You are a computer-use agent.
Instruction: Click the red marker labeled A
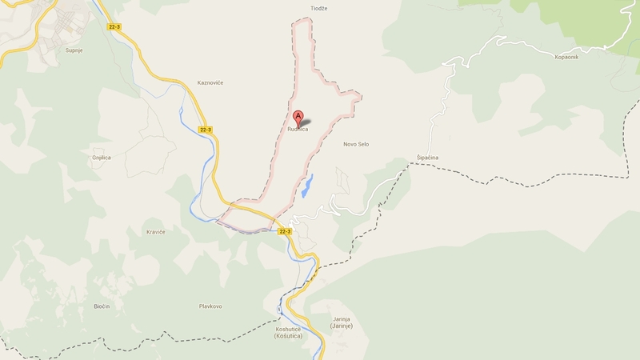coord(298,117)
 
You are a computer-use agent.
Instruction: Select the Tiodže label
coord(320,9)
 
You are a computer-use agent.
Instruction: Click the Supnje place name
coord(75,50)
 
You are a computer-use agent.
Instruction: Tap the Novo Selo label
coord(356,144)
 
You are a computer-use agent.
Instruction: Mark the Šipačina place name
coord(427,158)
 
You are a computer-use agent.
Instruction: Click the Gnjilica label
coord(102,158)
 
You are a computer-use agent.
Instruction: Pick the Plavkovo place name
coord(210,306)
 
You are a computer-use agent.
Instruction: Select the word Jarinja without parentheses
coord(342,319)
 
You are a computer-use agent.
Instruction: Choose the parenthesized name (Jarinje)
coord(342,327)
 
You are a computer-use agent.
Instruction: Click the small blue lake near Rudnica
coord(308,186)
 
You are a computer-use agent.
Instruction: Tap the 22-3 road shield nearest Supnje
coord(114,26)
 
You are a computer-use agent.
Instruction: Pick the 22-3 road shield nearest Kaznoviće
coord(206,130)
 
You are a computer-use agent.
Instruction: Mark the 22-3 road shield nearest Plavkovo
coord(285,231)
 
